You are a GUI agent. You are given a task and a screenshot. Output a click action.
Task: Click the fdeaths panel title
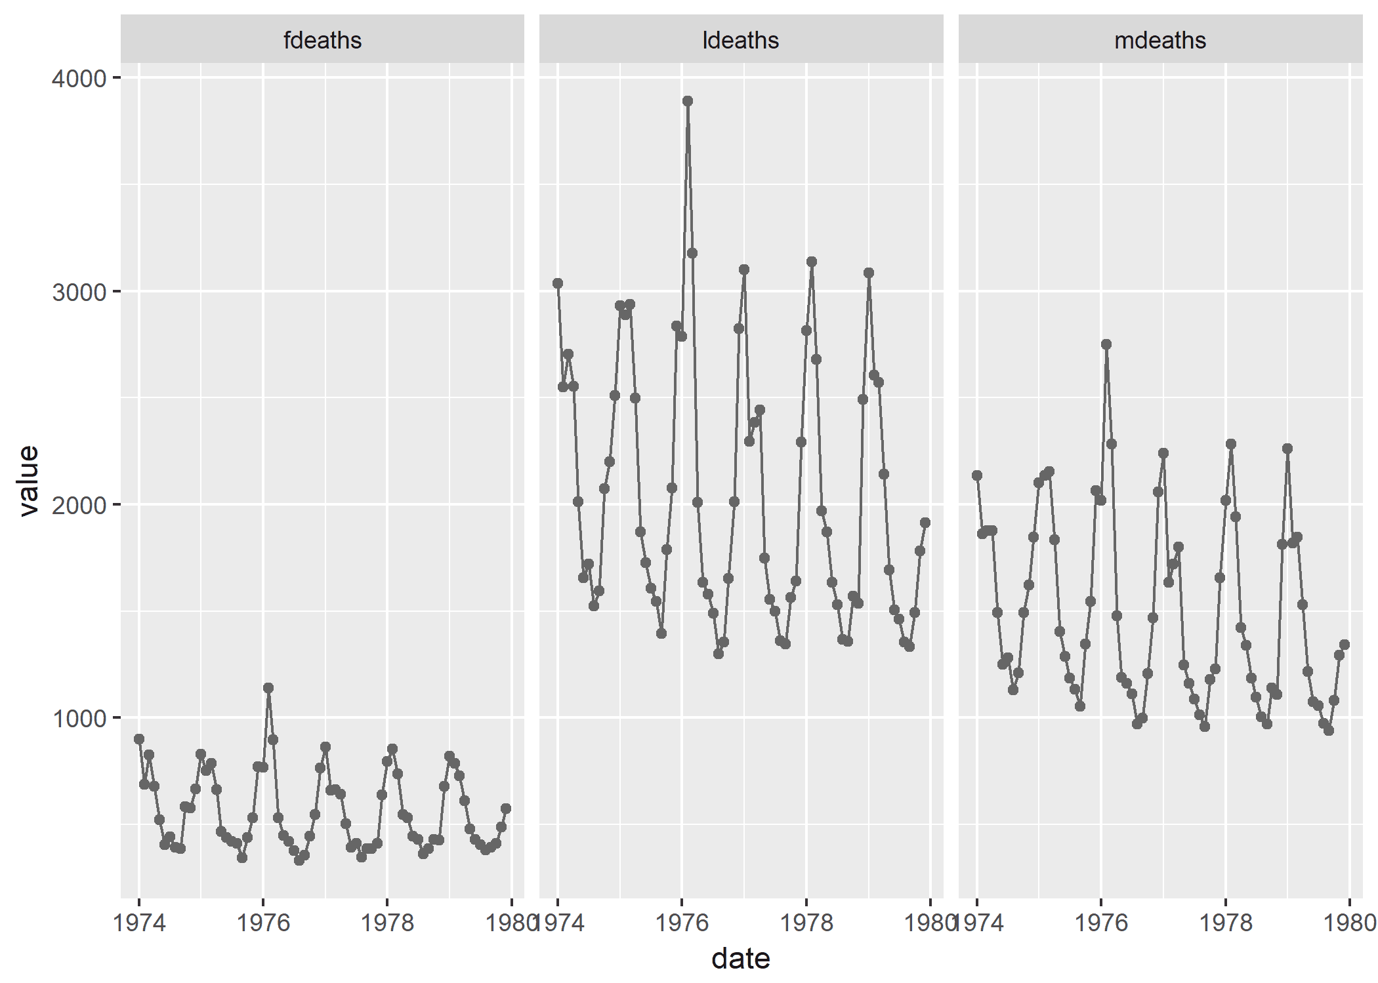(322, 41)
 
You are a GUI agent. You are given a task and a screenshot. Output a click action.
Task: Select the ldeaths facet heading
(740, 41)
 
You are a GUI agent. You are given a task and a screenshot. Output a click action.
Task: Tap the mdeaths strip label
(1159, 41)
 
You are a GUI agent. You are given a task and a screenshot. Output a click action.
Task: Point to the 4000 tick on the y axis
(79, 79)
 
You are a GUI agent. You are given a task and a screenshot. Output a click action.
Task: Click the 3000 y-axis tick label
(79, 292)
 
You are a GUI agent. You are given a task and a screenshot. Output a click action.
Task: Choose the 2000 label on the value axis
(79, 506)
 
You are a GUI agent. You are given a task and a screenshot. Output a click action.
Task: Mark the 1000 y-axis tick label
(79, 719)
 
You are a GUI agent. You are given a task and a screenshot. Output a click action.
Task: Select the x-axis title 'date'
(740, 959)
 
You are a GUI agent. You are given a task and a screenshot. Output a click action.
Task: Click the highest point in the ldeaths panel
(687, 101)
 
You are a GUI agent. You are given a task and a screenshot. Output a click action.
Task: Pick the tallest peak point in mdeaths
(1106, 344)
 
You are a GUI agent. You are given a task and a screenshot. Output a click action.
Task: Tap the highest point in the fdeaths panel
(268, 688)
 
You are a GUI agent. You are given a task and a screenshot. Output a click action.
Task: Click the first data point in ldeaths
(558, 283)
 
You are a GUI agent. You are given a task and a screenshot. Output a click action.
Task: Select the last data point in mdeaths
(1344, 645)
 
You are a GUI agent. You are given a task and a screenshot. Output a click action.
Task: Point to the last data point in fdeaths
(506, 809)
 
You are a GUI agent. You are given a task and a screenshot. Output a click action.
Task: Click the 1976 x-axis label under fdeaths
(263, 923)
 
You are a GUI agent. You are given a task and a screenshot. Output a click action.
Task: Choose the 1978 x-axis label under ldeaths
(806, 923)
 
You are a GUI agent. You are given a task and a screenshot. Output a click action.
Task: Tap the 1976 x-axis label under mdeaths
(1101, 923)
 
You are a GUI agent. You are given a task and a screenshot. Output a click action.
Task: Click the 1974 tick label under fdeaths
(139, 923)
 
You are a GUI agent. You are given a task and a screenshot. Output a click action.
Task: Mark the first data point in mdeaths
(977, 475)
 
